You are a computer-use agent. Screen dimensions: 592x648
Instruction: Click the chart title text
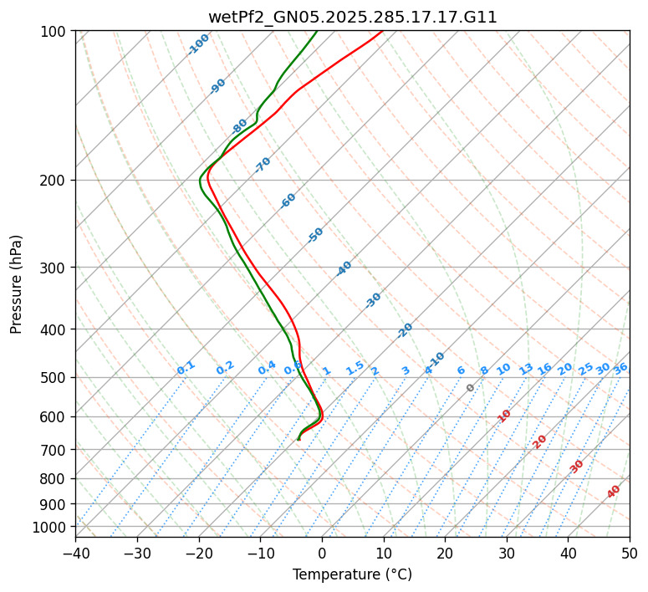tap(352, 17)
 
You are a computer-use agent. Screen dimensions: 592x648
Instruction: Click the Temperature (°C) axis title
tap(352, 575)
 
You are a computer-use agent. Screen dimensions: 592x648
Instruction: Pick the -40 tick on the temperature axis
tap(75, 553)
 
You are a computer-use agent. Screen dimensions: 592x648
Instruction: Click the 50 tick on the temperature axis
tap(630, 553)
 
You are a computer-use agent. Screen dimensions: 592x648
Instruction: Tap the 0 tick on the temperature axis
tap(322, 553)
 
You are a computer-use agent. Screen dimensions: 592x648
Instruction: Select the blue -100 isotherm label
tap(198, 44)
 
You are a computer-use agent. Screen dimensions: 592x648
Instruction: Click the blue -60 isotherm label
tap(288, 201)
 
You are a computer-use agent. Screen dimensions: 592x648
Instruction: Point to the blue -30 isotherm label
tap(373, 300)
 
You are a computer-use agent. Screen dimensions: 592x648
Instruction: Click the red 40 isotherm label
tap(614, 492)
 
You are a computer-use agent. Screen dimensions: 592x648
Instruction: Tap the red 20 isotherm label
tap(540, 441)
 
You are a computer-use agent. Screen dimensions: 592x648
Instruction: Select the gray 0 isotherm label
tap(471, 388)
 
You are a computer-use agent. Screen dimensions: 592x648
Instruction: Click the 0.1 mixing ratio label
tap(186, 367)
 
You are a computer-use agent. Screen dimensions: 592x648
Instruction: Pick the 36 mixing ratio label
tap(620, 368)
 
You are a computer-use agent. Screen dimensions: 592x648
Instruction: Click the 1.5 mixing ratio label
tap(355, 367)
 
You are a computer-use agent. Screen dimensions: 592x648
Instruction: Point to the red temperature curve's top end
tap(382, 31)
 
